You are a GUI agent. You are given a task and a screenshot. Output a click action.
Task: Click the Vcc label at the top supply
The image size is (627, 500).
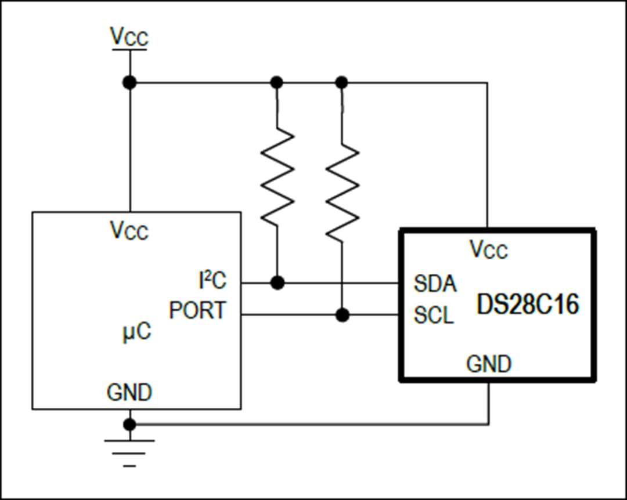(129, 37)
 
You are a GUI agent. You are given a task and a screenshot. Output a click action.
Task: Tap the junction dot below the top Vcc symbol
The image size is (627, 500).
(129, 82)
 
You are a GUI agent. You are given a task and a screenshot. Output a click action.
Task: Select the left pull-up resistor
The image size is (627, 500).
(278, 177)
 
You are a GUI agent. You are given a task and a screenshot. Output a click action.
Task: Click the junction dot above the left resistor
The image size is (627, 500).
(277, 82)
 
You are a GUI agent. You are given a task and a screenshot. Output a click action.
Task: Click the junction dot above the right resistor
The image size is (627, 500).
(342, 82)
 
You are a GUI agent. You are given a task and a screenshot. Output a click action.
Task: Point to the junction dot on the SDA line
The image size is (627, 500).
(278, 283)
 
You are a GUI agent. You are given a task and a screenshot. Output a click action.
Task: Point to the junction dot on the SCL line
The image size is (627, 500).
(343, 315)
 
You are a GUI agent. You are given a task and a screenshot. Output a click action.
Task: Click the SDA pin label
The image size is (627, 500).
(435, 284)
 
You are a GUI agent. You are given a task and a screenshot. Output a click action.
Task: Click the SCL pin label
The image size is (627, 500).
(434, 316)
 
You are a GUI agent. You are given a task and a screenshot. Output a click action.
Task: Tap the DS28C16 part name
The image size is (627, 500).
(528, 305)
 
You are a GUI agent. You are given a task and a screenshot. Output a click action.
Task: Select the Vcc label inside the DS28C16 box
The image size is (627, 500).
(488, 250)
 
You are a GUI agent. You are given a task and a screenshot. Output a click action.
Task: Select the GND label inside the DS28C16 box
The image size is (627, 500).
(489, 364)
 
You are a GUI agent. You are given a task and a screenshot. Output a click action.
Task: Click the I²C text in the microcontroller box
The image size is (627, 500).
(212, 281)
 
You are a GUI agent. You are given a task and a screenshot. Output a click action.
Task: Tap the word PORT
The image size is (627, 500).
(197, 311)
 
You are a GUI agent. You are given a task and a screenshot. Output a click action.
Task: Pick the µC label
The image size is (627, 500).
(136, 332)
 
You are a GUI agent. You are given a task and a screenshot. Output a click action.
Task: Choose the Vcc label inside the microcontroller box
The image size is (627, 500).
(129, 230)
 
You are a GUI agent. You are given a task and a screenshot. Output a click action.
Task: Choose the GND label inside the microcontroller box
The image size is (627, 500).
(129, 393)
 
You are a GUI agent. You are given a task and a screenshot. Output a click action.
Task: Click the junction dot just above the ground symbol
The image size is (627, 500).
(129, 424)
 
